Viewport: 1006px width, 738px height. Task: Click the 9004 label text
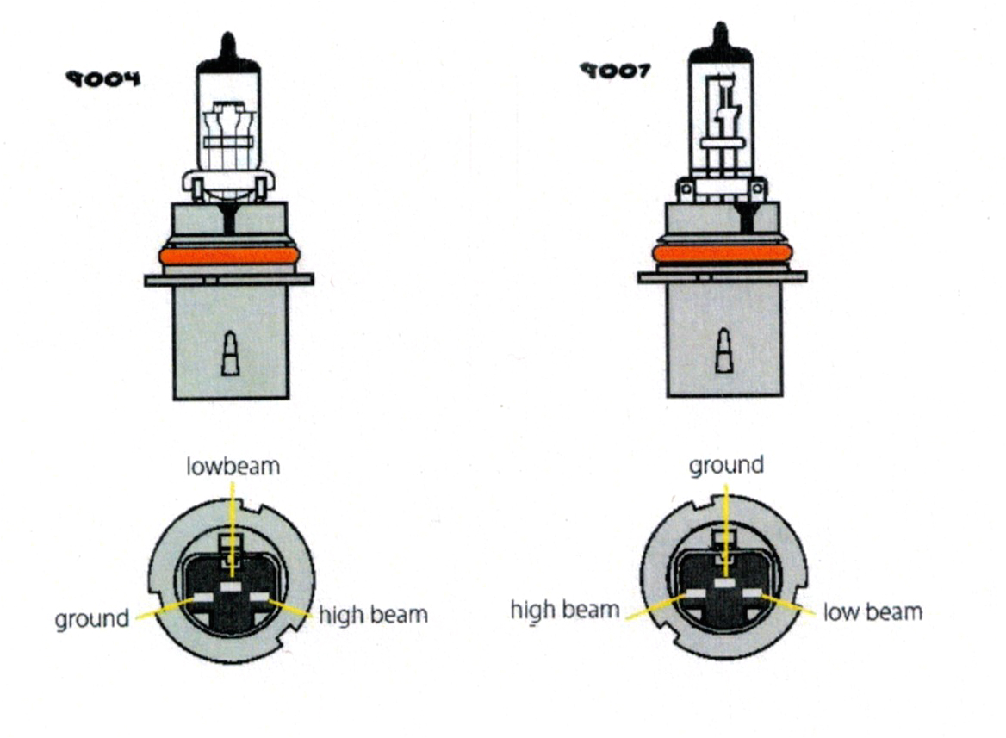click(x=102, y=79)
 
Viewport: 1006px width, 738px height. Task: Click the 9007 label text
click(x=614, y=71)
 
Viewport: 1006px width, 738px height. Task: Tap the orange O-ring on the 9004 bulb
click(x=229, y=256)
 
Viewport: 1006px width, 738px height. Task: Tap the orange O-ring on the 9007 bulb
click(x=722, y=253)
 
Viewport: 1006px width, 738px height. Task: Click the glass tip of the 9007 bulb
click(x=721, y=35)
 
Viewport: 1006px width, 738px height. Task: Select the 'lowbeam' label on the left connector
click(x=233, y=466)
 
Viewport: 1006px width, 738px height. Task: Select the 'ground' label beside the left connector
click(x=91, y=618)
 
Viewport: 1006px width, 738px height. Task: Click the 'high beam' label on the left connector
click(x=373, y=614)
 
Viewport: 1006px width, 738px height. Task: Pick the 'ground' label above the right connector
click(x=726, y=465)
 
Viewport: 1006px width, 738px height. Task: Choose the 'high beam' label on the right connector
click(x=565, y=610)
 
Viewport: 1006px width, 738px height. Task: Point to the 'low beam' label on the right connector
click(x=872, y=611)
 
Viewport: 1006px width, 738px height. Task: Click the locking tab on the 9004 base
click(x=230, y=355)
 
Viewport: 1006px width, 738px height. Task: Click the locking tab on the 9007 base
click(x=723, y=352)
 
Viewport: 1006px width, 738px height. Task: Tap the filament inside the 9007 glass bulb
click(x=722, y=112)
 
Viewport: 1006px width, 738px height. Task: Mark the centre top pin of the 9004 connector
click(x=231, y=586)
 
